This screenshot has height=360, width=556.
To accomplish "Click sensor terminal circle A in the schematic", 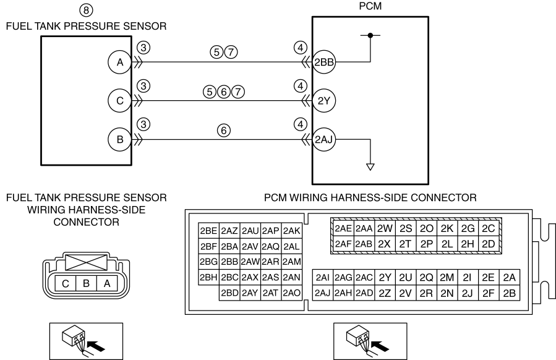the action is coord(120,62).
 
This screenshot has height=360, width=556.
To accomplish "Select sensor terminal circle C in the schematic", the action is coord(120,101).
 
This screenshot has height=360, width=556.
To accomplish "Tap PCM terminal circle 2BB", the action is coord(323,62).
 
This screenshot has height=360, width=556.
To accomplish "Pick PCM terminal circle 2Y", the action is coord(323,101).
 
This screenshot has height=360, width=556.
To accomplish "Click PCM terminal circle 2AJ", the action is coord(323,139).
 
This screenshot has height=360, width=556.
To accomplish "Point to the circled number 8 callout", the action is coord(86,11).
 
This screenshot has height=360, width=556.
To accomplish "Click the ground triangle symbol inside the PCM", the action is coord(370,166).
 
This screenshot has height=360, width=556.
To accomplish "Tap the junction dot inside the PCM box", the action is coord(370,35).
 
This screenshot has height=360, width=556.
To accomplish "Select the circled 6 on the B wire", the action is coord(224,131).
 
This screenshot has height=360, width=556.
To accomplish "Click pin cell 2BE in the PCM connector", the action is coord(208,231).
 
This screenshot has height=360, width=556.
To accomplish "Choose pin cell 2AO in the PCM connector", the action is coord(292,293).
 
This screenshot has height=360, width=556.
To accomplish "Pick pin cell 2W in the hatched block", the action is coord(385,229).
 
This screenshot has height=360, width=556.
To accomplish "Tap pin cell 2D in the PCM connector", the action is coord(488,244).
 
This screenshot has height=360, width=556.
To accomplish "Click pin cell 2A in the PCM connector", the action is coord(509,277).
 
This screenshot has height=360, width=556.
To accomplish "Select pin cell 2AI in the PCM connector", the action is coord(323,277).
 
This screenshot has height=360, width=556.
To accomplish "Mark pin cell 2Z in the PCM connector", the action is coord(385,293).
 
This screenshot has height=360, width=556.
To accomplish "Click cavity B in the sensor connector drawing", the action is coord(86,284).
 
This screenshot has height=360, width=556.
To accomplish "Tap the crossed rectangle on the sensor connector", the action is coord(86,262).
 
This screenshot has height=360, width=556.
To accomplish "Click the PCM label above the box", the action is coord(370,6).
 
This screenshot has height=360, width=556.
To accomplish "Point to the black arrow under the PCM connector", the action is coord(380,346).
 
